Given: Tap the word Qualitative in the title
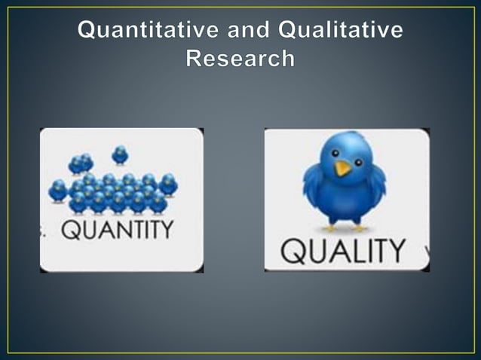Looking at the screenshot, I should (x=341, y=31).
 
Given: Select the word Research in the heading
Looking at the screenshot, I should (x=240, y=59).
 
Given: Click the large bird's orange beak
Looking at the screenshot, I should (x=343, y=168).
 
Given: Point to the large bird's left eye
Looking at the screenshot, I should (x=335, y=153).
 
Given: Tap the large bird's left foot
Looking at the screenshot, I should (x=331, y=227).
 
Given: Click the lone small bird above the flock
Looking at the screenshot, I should (x=120, y=155).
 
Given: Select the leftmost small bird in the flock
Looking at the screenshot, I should (x=58, y=190).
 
